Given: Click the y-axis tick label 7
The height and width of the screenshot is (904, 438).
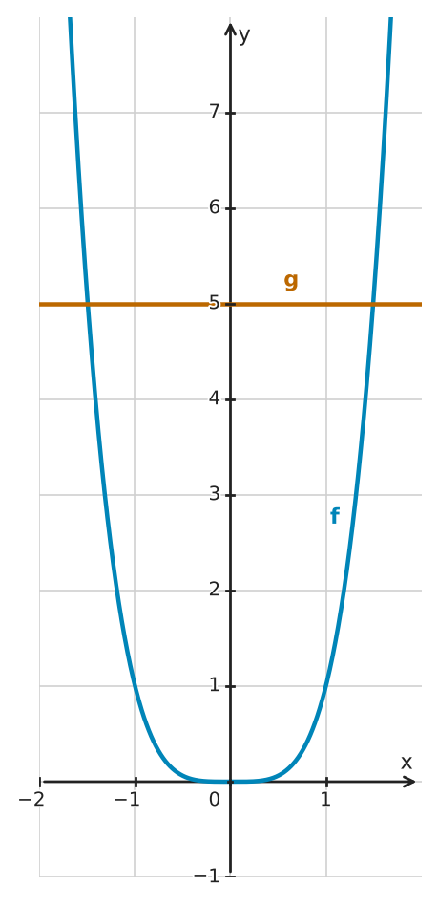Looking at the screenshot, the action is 215,111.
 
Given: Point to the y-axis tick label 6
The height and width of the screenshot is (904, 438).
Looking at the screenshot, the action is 215,207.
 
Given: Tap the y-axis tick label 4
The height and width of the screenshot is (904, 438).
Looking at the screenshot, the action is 215,398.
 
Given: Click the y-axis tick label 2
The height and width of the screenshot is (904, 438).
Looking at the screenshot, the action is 215,590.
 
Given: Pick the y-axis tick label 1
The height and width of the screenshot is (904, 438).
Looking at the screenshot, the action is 215,685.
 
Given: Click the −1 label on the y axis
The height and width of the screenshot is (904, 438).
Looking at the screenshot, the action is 207,876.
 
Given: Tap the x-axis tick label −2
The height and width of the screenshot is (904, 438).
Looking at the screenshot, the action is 31,800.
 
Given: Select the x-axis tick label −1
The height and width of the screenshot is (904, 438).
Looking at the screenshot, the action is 128,800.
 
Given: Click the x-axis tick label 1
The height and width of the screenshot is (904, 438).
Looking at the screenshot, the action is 326,800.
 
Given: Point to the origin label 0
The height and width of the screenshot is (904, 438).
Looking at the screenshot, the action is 215,800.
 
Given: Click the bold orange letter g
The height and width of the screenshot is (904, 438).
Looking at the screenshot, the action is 291,281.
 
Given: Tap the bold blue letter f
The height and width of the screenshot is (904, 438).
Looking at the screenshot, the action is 334,516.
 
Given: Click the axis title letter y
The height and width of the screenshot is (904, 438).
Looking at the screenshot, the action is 244,36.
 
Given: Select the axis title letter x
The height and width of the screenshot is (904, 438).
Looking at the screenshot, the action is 407,763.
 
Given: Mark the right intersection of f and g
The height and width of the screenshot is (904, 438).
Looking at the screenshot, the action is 373,304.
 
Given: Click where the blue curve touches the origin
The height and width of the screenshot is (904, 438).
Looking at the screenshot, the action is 230,781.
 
